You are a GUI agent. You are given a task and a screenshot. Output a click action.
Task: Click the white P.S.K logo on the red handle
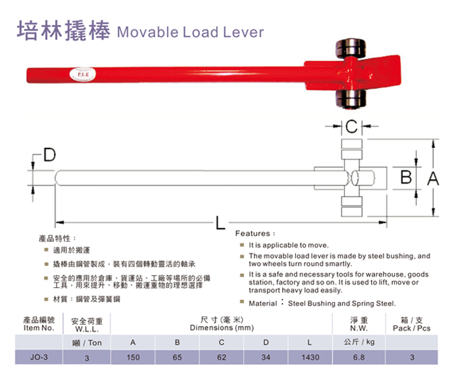pyautogui.click(x=83, y=75)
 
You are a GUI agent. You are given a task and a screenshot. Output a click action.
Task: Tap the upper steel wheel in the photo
pyautogui.click(x=350, y=48)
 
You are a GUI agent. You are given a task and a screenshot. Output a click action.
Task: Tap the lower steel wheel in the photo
pyautogui.click(x=350, y=99)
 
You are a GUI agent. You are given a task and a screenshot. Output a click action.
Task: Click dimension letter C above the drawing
pyautogui.click(x=352, y=126)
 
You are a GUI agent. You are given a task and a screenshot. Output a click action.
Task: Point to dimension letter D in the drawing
pyautogui.click(x=49, y=155)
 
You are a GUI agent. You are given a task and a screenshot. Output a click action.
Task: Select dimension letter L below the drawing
pyautogui.click(x=220, y=223)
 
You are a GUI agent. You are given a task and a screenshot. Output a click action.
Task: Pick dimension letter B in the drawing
pyautogui.click(x=406, y=177)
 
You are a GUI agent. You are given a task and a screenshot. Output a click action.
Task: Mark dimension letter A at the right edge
pyautogui.click(x=433, y=178)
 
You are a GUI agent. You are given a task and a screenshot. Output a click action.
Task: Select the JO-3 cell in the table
pyautogui.click(x=39, y=357)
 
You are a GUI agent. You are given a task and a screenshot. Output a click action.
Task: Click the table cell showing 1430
pyautogui.click(x=310, y=357)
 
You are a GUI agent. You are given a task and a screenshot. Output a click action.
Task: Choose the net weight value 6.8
pyautogui.click(x=359, y=357)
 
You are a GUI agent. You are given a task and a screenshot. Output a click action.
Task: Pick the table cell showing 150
pyautogui.click(x=133, y=357)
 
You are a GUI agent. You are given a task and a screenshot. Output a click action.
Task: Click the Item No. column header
pyautogui.click(x=39, y=324)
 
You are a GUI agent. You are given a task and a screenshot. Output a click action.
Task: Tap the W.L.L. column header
pyautogui.click(x=87, y=325)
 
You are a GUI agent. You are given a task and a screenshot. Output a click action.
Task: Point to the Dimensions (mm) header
pyautogui.click(x=222, y=323)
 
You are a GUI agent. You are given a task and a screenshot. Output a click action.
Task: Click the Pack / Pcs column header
pyautogui.click(x=412, y=324)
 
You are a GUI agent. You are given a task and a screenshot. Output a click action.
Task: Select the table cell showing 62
pyautogui.click(x=222, y=357)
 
